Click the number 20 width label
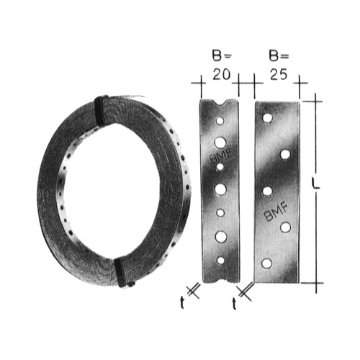pyautogui.click(x=222, y=74)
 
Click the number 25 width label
pyautogui.click(x=279, y=74)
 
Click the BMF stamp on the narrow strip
pyautogui.click(x=220, y=156)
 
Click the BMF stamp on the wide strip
pyautogui.click(x=276, y=211)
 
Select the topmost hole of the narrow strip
pyautogui.click(x=220, y=121)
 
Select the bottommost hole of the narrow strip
pyautogui.click(x=220, y=260)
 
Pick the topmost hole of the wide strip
pyautogui.click(x=267, y=117)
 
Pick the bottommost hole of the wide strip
pyautogui.click(x=266, y=264)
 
